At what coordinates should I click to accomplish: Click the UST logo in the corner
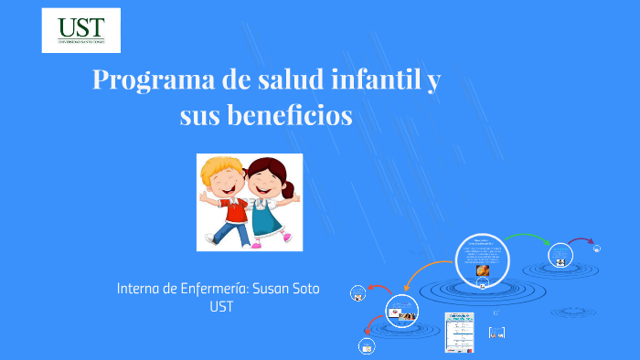[81, 30]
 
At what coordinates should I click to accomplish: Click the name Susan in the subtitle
[262, 289]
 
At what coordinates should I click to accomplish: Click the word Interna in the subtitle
[139, 289]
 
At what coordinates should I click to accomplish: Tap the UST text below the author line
[221, 307]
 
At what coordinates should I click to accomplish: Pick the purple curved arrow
[580, 241]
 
